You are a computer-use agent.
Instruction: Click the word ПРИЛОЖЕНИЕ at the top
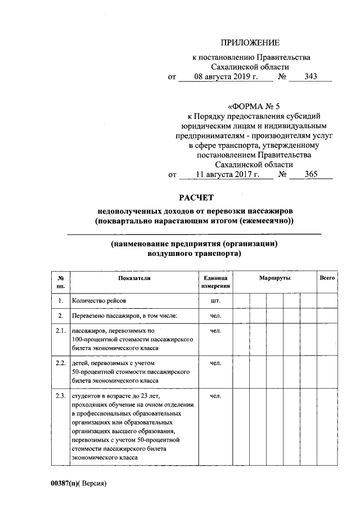tap(250, 43)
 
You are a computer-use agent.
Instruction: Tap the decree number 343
tap(310, 77)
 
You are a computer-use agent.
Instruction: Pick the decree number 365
tap(310, 175)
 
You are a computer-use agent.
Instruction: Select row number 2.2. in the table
tap(61, 363)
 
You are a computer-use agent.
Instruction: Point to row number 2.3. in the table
tap(61, 397)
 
